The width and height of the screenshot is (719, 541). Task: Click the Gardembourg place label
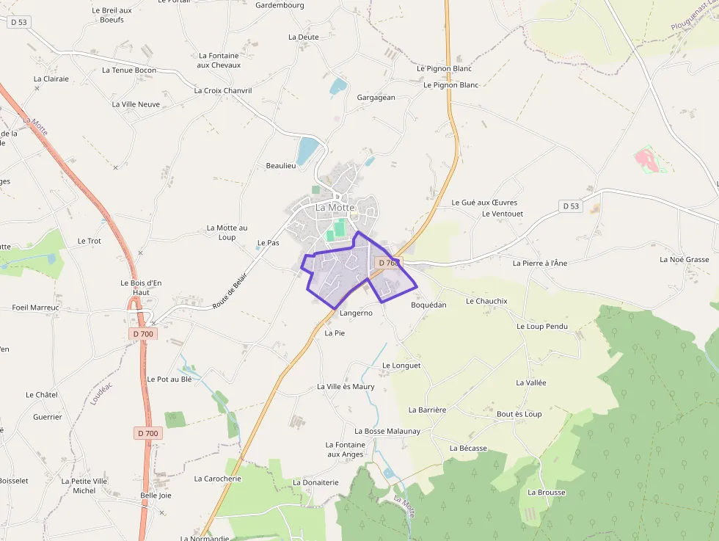pyautogui.click(x=280, y=5)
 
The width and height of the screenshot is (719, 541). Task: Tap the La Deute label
pyautogui.click(x=304, y=37)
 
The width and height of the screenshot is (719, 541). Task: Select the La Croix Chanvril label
pyautogui.click(x=223, y=91)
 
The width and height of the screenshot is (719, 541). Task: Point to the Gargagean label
pyautogui.click(x=376, y=98)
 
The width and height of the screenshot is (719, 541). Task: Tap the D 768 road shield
pyautogui.click(x=388, y=263)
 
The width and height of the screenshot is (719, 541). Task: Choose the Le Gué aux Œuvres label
pyautogui.click(x=484, y=203)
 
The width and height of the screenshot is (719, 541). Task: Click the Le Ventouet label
pyautogui.click(x=503, y=214)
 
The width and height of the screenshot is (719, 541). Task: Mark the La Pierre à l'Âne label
pyautogui.click(x=540, y=263)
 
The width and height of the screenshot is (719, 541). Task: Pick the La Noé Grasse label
pyautogui.click(x=685, y=260)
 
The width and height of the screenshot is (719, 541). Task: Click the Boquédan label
pyautogui.click(x=428, y=305)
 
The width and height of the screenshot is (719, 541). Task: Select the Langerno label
pyautogui.click(x=356, y=313)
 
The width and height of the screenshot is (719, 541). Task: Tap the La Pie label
pyautogui.click(x=335, y=333)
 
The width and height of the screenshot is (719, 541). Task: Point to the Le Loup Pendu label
pyautogui.click(x=542, y=327)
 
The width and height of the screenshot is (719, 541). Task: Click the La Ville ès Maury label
pyautogui.click(x=346, y=387)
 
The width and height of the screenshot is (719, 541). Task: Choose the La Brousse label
pyautogui.click(x=547, y=493)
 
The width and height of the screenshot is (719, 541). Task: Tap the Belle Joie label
pyautogui.click(x=156, y=495)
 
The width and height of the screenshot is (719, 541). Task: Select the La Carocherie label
pyautogui.click(x=217, y=479)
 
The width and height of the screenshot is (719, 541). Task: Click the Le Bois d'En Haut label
pyautogui.click(x=140, y=287)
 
